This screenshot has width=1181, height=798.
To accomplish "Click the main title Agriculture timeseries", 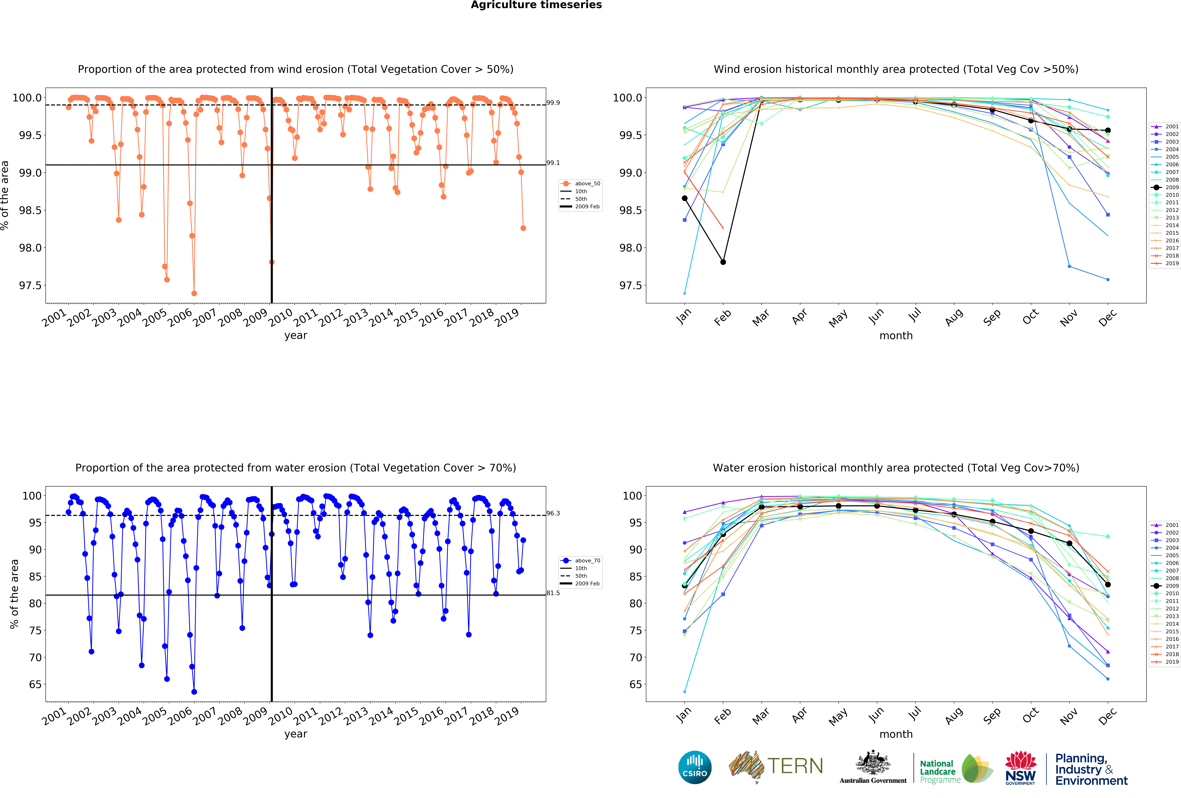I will [x=536, y=5].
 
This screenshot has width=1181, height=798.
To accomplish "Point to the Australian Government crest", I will [x=873, y=762].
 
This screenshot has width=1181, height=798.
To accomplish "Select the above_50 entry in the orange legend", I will [x=587, y=184].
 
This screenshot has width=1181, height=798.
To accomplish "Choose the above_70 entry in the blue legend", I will [x=587, y=561].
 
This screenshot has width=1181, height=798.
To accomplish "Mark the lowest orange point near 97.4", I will [x=194, y=293].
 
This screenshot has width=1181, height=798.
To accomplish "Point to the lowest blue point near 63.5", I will [x=194, y=692].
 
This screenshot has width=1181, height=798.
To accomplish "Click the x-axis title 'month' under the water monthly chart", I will [x=896, y=734].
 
